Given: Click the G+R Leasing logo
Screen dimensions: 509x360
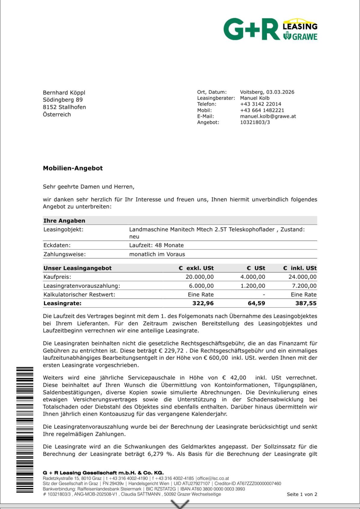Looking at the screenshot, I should coord(270,29).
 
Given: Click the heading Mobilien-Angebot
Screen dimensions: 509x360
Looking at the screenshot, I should coord(73,168).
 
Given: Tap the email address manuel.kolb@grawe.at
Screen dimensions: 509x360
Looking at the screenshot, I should coord(268,116).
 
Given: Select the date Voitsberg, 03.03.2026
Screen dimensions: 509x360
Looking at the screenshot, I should coord(267,92).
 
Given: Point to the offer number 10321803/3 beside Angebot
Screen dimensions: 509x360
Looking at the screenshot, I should coord(255,122).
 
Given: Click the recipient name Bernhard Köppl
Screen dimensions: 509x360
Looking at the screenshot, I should coord(64,92).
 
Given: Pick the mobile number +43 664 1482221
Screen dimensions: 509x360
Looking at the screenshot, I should coord(262,110).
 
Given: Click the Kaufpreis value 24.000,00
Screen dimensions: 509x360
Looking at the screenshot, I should coord(302,277).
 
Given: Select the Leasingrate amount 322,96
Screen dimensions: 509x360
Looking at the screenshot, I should coord(203,303).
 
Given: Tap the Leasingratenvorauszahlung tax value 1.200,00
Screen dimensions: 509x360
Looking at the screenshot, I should coord(253,286).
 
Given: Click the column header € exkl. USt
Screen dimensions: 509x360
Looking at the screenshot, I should coord(196,268).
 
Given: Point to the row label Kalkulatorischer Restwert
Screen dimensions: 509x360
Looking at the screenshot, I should coord(79,294).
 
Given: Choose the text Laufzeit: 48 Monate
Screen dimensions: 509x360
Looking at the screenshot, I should coord(156,245).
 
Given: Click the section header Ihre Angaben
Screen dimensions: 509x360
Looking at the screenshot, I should coord(64,221).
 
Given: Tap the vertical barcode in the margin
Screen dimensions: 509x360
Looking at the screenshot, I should coord(25,429).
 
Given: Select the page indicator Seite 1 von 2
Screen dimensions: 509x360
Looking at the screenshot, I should coord(302,494).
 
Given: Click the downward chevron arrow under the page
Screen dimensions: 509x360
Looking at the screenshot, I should coord(180,504).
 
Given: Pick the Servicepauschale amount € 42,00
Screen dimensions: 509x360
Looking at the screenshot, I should coord(234,378).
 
